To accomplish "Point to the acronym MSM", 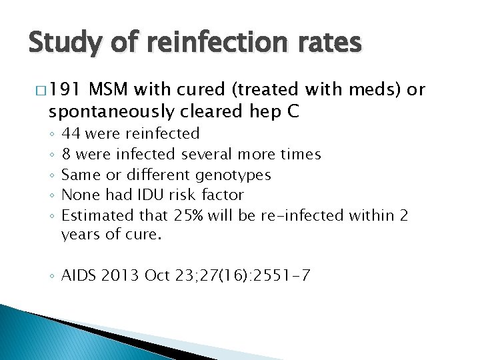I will pos(110,91).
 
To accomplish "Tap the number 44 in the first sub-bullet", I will pos(71,134).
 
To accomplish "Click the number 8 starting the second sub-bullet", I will pos(66,155).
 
